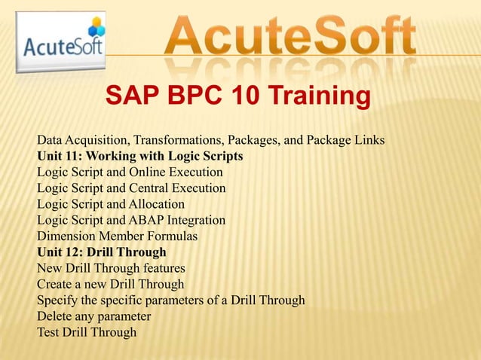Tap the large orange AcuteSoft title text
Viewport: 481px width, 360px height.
(x=291, y=38)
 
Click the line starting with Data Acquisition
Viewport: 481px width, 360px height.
(x=211, y=141)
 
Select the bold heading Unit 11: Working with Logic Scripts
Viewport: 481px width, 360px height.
(x=139, y=157)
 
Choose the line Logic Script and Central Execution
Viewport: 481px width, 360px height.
(x=131, y=188)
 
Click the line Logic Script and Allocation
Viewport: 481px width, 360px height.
(x=111, y=204)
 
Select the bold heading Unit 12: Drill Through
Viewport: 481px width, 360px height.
(x=101, y=252)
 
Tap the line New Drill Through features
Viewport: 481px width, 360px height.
(x=111, y=267)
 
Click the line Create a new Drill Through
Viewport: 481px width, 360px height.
(x=110, y=284)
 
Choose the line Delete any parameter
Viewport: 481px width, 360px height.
(x=94, y=316)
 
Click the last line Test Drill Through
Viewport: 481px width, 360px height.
(x=87, y=331)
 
